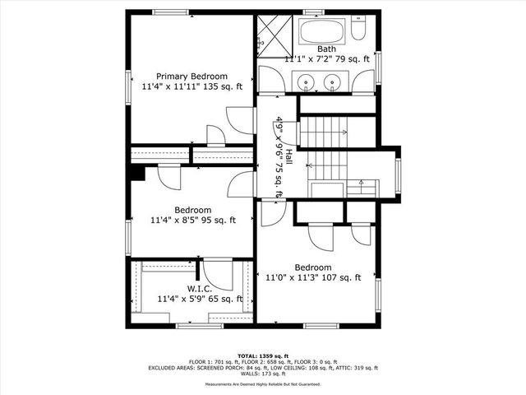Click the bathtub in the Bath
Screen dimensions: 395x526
click(x=322, y=34)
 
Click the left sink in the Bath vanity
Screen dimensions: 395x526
click(x=307, y=81)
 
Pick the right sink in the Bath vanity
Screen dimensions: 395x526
click(x=333, y=81)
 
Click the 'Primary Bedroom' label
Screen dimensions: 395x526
click(x=191, y=76)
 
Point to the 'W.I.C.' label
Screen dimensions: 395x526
click(x=200, y=289)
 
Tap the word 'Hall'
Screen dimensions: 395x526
click(x=288, y=161)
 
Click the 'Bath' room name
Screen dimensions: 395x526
click(x=326, y=49)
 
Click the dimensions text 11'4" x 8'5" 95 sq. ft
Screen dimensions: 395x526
click(x=192, y=221)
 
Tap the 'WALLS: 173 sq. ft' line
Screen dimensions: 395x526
click(x=263, y=373)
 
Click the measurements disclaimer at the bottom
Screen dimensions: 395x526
click(x=263, y=384)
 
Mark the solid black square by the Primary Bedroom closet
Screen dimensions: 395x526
click(x=136, y=172)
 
